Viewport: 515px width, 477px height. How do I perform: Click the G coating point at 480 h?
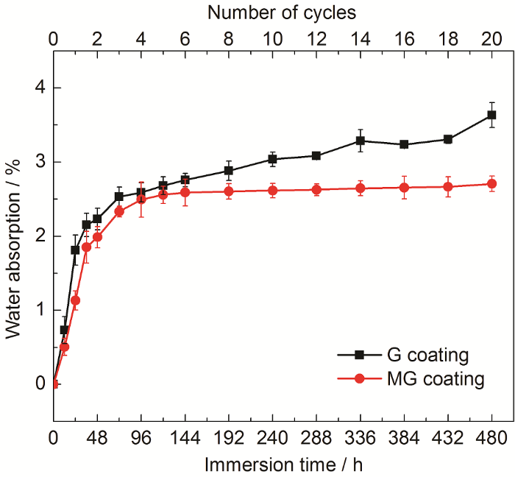click(491, 115)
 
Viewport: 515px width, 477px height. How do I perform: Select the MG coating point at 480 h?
click(491, 184)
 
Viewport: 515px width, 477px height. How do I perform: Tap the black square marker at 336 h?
click(360, 141)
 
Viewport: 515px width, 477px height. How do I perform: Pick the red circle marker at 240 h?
click(272, 191)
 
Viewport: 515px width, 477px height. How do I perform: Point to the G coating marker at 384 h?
click(404, 144)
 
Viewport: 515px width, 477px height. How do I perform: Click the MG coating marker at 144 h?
click(185, 192)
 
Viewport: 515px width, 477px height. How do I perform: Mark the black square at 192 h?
click(229, 171)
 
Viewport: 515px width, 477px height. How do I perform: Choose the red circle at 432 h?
click(448, 187)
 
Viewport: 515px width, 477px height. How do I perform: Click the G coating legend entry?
click(412, 356)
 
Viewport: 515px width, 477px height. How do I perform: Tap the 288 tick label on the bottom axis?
click(316, 437)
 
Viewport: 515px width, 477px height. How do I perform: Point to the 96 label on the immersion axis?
click(141, 437)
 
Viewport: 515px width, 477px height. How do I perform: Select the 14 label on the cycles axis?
click(360, 38)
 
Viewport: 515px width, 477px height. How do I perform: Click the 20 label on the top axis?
click(491, 38)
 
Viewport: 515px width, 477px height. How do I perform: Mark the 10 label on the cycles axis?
click(272, 38)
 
